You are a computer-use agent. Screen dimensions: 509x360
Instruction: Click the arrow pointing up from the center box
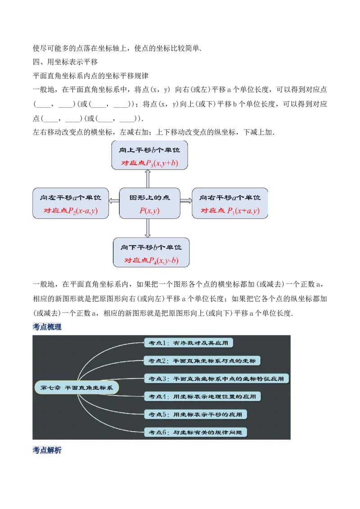click(x=148, y=179)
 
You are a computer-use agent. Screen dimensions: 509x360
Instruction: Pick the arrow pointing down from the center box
click(x=148, y=228)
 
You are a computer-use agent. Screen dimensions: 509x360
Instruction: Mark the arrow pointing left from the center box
click(x=113, y=197)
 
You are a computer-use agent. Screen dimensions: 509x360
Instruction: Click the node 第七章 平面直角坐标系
click(x=76, y=388)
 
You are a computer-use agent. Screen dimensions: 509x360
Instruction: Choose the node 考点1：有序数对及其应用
click(x=188, y=343)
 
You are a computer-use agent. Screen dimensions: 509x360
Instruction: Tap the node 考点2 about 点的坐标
click(x=202, y=361)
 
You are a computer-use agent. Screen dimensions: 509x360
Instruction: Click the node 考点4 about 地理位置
click(x=202, y=396)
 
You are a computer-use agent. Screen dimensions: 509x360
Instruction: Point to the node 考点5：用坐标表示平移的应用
click(x=195, y=414)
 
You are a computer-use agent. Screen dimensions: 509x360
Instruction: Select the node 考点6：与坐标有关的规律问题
click(x=195, y=432)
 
